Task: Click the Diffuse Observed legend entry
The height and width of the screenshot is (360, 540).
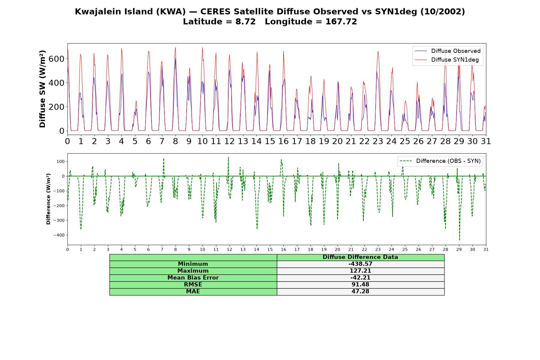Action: pos(448,51)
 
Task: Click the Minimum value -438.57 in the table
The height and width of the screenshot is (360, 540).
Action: pos(360,264)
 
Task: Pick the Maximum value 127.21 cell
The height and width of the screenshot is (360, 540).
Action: pos(360,271)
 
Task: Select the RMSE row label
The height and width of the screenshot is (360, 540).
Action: pos(193,285)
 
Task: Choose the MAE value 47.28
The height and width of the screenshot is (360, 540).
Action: pos(360,292)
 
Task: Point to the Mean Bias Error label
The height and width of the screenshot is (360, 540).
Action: pos(193,278)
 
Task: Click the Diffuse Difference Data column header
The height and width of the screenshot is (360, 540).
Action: pos(360,257)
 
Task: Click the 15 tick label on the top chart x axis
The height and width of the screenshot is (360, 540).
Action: pos(270,141)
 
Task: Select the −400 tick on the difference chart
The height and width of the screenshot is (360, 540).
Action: pos(58,235)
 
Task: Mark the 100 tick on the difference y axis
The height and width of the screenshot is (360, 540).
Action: pos(60,161)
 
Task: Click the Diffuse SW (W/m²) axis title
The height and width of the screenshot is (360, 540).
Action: pos(43,89)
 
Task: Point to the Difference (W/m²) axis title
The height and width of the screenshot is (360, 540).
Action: pos(48,199)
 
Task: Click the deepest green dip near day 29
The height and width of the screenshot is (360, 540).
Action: pos(459,240)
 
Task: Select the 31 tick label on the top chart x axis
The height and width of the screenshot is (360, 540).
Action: pos(486,141)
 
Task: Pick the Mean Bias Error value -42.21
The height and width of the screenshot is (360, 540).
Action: pos(360,278)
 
